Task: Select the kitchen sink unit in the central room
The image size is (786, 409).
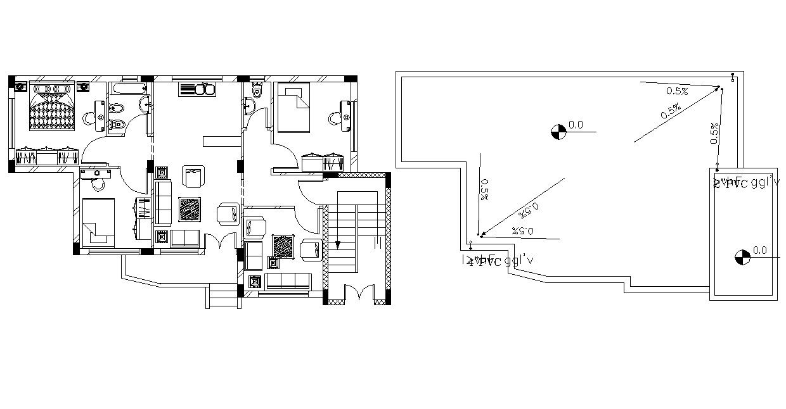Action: tap(198, 89)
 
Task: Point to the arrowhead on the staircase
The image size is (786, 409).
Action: tap(337, 246)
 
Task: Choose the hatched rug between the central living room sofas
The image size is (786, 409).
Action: tap(190, 208)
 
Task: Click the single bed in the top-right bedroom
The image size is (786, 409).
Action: tap(293, 108)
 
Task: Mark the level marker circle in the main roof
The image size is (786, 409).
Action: tap(558, 132)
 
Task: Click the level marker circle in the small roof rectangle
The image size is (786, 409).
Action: tap(742, 257)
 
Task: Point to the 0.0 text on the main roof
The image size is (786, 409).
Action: tap(576, 125)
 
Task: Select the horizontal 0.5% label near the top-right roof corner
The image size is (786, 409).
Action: tap(676, 91)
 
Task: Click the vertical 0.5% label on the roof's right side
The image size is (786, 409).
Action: tap(715, 134)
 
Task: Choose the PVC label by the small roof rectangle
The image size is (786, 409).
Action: tap(745, 183)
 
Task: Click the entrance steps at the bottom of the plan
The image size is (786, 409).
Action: tap(224, 297)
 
